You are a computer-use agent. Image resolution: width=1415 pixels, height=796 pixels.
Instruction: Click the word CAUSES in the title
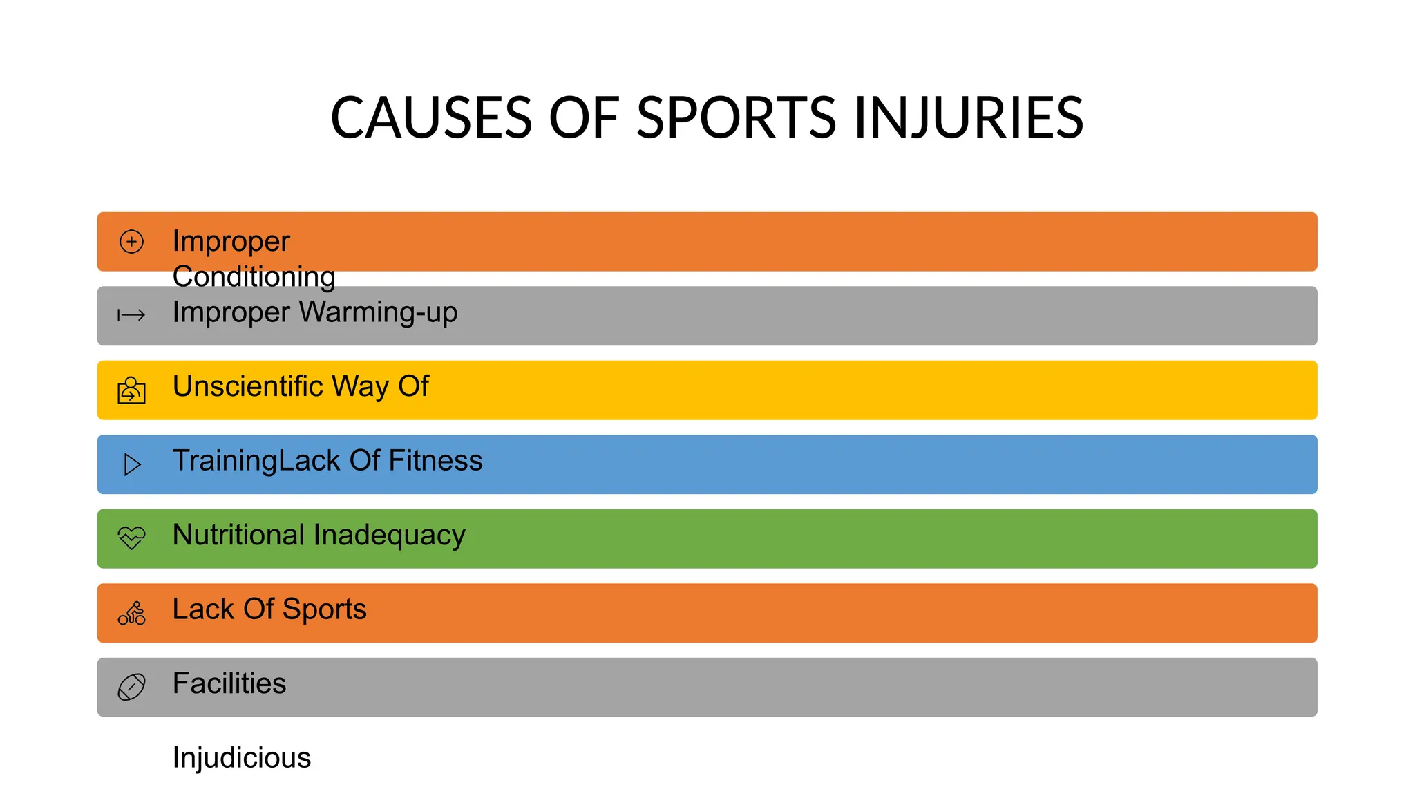(431, 118)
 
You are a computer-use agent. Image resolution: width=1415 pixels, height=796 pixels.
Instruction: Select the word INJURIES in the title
(969, 118)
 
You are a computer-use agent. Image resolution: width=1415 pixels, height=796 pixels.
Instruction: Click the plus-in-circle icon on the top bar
(131, 242)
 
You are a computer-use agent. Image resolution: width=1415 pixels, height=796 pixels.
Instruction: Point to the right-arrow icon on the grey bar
(131, 316)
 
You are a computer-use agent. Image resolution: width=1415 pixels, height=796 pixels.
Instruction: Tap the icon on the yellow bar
(131, 390)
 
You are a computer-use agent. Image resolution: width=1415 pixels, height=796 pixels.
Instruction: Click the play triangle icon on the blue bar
(132, 464)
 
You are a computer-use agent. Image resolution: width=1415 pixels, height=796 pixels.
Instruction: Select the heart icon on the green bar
(131, 538)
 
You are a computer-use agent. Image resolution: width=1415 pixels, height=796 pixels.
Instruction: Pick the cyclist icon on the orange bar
(131, 613)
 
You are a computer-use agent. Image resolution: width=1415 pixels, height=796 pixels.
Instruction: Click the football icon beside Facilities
(131, 687)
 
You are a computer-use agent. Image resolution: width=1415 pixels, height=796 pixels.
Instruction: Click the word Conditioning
(254, 276)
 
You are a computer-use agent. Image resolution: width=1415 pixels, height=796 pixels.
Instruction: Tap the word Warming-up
(378, 312)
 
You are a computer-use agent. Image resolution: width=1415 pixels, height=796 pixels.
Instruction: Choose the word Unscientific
(247, 386)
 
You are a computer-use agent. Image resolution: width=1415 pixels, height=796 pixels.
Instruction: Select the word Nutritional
(238, 535)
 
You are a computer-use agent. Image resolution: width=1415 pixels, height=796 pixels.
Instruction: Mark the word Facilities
(229, 683)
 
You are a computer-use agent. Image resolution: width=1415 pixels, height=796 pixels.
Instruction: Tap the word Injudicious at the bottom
(242, 758)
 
